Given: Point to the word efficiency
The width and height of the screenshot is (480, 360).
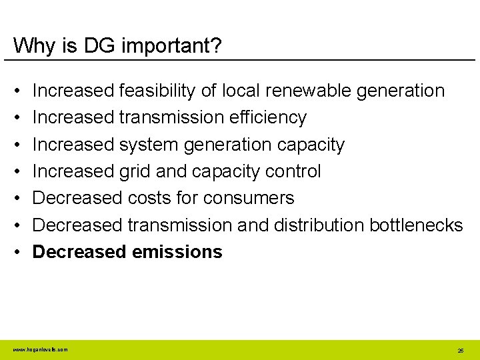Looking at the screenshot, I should pyautogui.click(x=266, y=118).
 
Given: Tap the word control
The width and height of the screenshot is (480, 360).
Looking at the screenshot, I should pyautogui.click(x=293, y=171).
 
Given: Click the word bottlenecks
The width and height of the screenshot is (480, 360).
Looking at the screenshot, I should pyautogui.click(x=416, y=225).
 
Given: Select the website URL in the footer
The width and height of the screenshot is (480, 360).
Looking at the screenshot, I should pyautogui.click(x=40, y=349).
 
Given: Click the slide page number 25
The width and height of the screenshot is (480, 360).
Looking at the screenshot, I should pyautogui.click(x=460, y=350).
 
